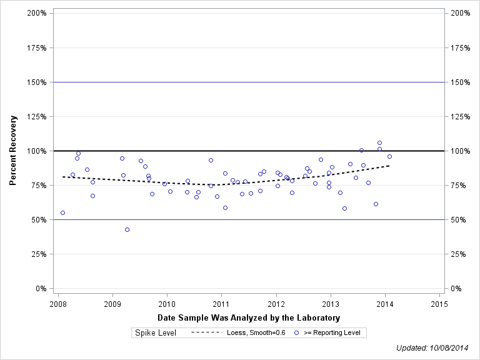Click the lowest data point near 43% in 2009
pyautogui.click(x=127, y=229)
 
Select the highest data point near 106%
pyautogui.click(x=379, y=142)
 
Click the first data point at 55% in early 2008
pyautogui.click(x=62, y=212)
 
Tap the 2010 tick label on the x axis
pyautogui.click(x=167, y=304)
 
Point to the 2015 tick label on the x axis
pyautogui.click(x=439, y=304)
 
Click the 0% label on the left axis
pyautogui.click(x=42, y=289)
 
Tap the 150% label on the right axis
pyautogui.click(x=459, y=82)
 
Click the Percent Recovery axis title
pyautogui.click(x=13, y=151)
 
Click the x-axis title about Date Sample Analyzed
pyautogui.click(x=249, y=318)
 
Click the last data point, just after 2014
pyautogui.click(x=389, y=156)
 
